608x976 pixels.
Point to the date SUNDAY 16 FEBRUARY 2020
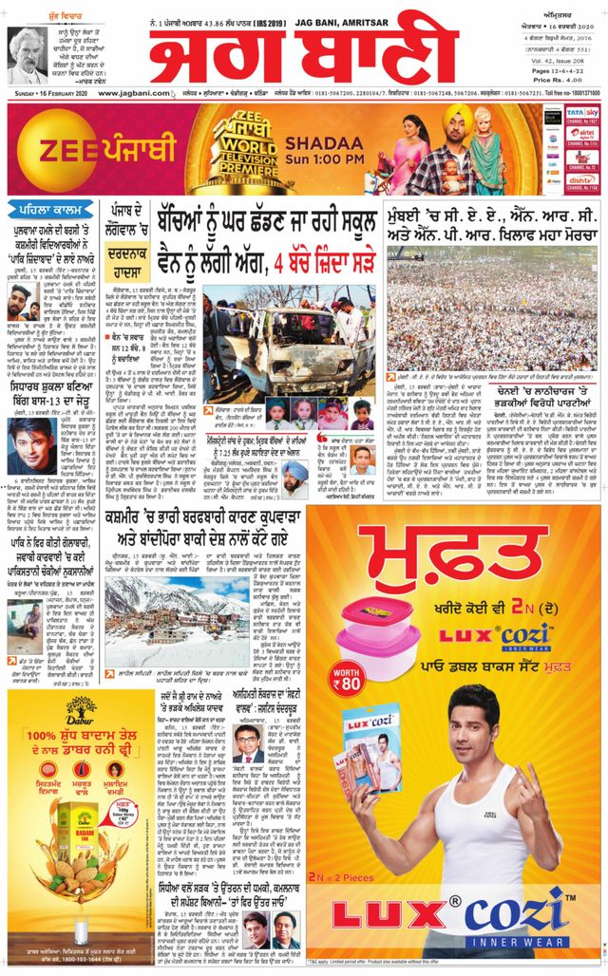[x=44, y=93]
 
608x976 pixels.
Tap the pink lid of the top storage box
[x=377, y=610]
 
